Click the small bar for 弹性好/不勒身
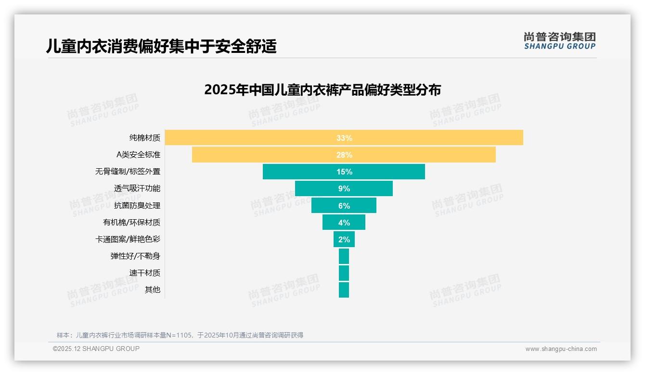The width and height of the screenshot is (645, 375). click(344, 256)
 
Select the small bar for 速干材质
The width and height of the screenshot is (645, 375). click(344, 273)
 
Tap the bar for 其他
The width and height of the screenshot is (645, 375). click(344, 290)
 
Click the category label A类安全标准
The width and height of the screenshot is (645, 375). click(138, 155)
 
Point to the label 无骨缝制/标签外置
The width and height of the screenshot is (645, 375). click(128, 172)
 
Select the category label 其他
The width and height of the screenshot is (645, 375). click(153, 290)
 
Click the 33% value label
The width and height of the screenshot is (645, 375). click(344, 138)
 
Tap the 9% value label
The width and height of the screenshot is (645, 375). click(344, 189)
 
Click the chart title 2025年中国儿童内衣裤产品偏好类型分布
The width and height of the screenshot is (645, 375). click(322, 90)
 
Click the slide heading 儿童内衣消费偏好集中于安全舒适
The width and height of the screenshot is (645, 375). click(161, 46)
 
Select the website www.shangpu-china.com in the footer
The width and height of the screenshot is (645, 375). click(561, 349)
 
